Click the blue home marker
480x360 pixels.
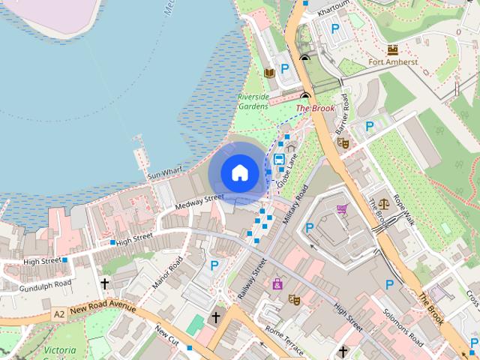(x=239, y=173)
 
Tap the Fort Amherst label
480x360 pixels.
(x=392, y=63)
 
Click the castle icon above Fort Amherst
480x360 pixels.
(x=392, y=50)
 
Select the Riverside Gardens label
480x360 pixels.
(x=253, y=102)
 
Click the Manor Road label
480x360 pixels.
(x=167, y=274)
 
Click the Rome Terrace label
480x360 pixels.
(x=285, y=342)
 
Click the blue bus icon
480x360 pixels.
(x=279, y=159)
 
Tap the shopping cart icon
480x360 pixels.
(x=343, y=209)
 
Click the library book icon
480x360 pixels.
(x=268, y=73)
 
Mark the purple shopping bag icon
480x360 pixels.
(x=278, y=283)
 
